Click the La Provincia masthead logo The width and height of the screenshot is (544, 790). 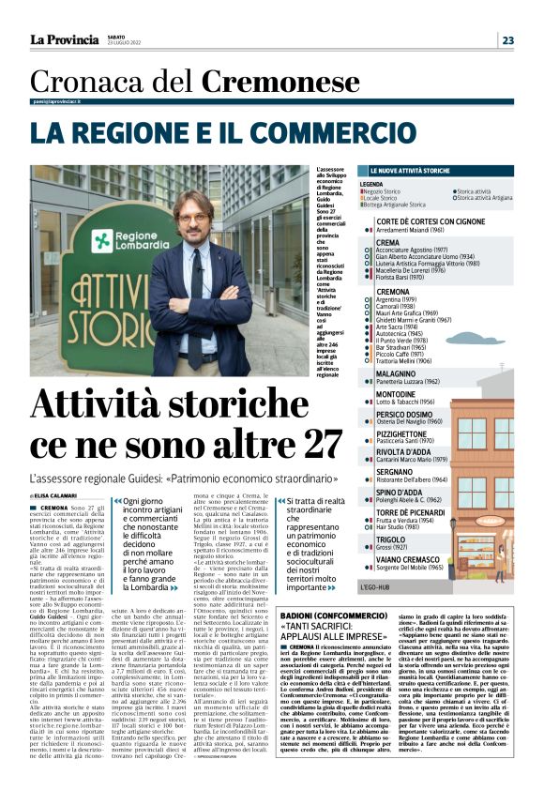63,39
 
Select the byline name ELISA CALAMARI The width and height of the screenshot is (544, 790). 59,494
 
